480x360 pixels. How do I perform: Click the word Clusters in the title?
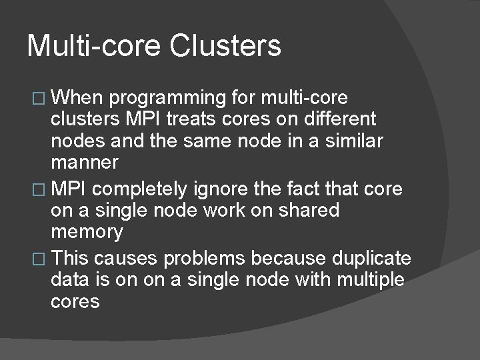[x=226, y=46]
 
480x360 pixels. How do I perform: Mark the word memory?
[x=87, y=233]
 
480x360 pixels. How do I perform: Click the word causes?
[x=129, y=259]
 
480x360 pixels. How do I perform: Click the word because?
[x=291, y=259]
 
